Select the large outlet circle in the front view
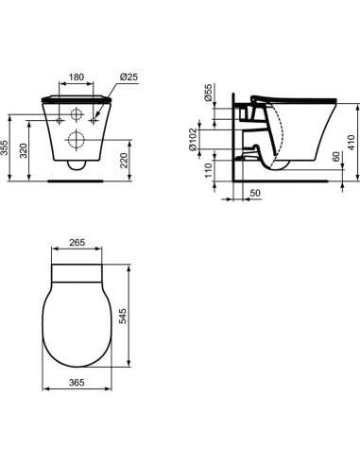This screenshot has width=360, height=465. [77, 141]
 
